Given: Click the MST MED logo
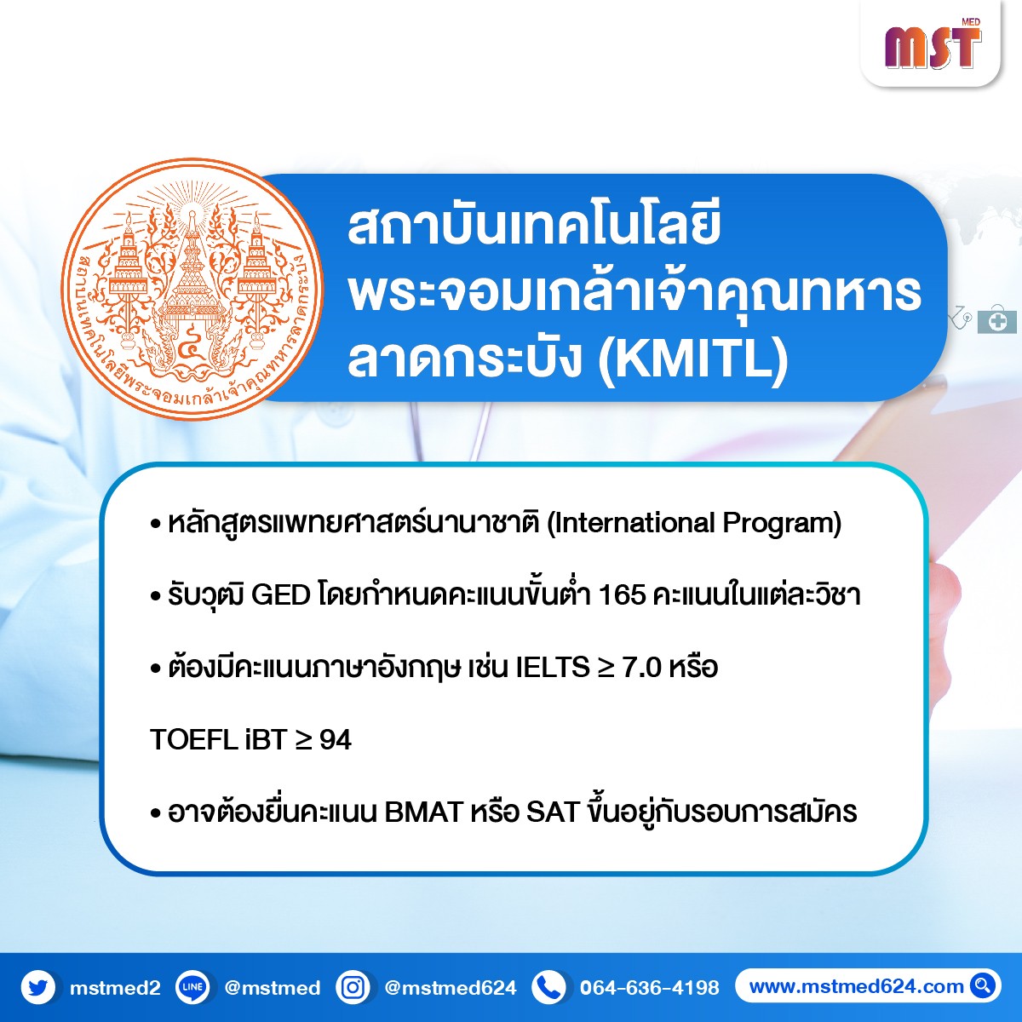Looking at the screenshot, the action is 933,44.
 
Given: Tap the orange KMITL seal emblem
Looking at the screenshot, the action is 192,289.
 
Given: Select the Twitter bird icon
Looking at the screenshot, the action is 38,988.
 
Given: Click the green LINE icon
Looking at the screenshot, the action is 192,988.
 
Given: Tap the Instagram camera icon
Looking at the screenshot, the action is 353,988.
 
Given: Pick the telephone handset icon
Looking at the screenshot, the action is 548,988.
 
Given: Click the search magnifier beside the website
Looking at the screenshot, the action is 983,986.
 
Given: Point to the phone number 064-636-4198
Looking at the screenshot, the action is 650,988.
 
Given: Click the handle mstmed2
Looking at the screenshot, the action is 115,988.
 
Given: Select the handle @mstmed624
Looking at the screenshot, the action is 451,988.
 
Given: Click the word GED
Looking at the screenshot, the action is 280,595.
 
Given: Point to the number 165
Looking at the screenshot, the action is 622,595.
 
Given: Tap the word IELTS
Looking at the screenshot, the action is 553,667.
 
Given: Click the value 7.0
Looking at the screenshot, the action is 642,667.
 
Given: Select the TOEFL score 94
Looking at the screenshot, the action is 336,739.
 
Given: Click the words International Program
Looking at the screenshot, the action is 694,524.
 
